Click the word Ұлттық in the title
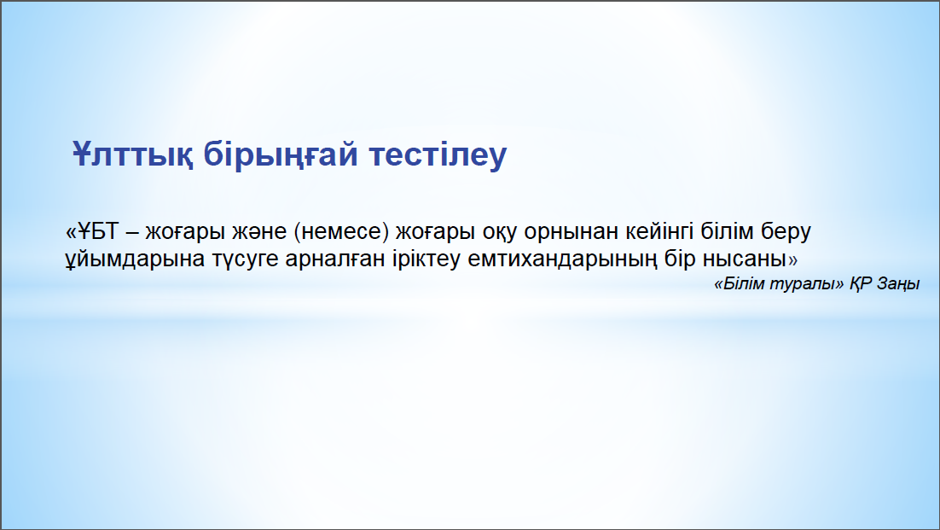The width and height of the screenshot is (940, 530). point(132,154)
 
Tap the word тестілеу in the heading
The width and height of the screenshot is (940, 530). point(438,154)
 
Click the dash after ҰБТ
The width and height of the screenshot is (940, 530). point(133,233)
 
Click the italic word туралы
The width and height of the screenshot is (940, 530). point(800,283)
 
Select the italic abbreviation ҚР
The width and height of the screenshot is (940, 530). point(861,283)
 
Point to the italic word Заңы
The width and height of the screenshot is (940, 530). point(898,284)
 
